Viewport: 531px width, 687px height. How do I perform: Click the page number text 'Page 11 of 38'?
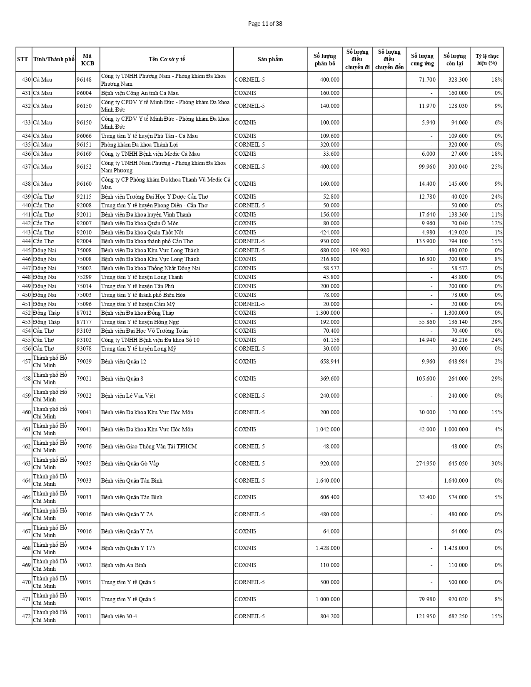pos(265,24)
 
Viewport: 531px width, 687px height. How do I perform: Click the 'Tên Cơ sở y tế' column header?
pos(167,59)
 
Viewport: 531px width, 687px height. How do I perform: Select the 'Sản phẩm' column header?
pos(270,59)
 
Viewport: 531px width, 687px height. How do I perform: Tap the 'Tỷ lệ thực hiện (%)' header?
pos(487,59)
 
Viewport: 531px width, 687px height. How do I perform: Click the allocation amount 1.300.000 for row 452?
pos(327,313)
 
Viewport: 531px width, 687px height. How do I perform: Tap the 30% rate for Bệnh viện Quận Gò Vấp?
pos(496,463)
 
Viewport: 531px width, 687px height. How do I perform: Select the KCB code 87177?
pos(84,322)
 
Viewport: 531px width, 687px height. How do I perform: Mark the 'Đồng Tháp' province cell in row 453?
pos(47,322)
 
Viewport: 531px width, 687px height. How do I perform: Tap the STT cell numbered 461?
pos(26,429)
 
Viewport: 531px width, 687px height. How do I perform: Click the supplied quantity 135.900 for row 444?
pos(426,241)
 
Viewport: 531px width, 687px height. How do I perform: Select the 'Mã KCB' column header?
pos(87,59)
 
